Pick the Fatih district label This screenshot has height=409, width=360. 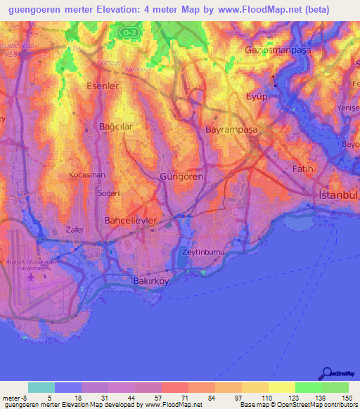[302, 169]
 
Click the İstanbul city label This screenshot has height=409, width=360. [338, 194]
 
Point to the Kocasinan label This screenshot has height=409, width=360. [88, 174]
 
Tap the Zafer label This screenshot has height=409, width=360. [75, 229]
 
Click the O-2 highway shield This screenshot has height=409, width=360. [127, 32]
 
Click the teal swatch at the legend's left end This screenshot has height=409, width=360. [41, 387]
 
